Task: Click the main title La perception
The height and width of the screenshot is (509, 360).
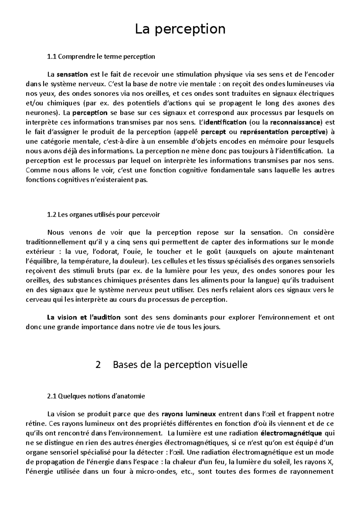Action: point(180,29)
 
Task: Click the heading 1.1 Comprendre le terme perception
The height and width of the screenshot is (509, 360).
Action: point(101,56)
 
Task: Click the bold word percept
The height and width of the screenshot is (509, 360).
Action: point(213,132)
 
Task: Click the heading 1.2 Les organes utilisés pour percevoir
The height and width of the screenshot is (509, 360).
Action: point(103,214)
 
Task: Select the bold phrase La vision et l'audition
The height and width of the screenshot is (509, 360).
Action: point(84,317)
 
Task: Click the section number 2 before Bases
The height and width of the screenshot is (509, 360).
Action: point(98,365)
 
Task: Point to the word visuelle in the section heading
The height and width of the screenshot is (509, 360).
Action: point(231,365)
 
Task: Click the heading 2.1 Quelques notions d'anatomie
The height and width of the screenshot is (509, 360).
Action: point(96,396)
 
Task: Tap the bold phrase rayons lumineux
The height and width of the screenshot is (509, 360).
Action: point(189,414)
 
